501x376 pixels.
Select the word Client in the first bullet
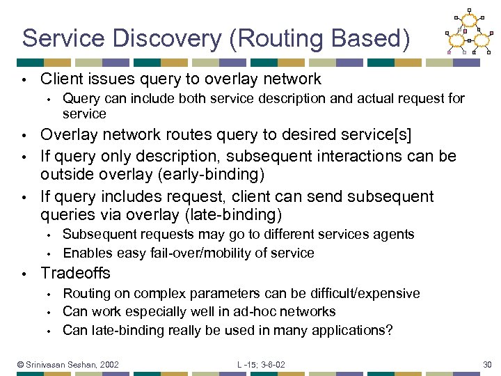[x=61, y=79]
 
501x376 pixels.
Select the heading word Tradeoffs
[x=75, y=272]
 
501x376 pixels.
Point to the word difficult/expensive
[x=365, y=293]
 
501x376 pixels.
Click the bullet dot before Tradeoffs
[x=24, y=273]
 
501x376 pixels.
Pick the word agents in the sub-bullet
[x=395, y=235]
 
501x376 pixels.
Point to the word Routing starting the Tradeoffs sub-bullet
[x=83, y=293]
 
